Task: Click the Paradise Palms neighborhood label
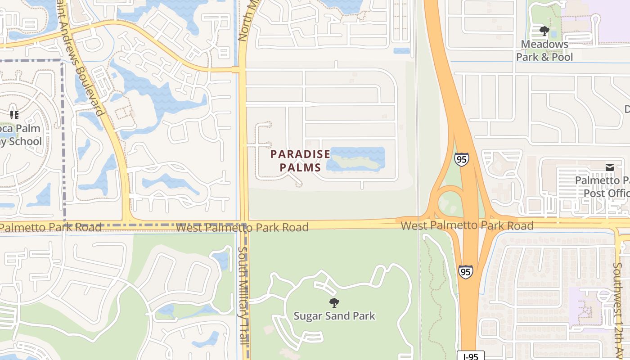pyautogui.click(x=300, y=161)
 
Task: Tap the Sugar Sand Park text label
pyautogui.click(x=334, y=316)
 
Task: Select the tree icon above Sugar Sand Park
pyautogui.click(x=334, y=303)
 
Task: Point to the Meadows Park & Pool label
pyautogui.click(x=544, y=50)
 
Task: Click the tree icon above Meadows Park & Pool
pyautogui.click(x=544, y=31)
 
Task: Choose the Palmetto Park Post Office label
pyautogui.click(x=603, y=187)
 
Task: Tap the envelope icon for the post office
pyautogui.click(x=609, y=167)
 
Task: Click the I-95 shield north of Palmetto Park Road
pyautogui.click(x=461, y=159)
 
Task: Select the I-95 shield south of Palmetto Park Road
pyautogui.click(x=466, y=272)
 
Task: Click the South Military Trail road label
pyautogui.click(x=243, y=295)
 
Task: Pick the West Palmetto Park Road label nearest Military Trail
pyautogui.click(x=242, y=227)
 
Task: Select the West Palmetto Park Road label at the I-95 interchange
pyautogui.click(x=467, y=225)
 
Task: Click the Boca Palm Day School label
pyautogui.click(x=20, y=135)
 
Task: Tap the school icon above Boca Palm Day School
pyautogui.click(x=14, y=115)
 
